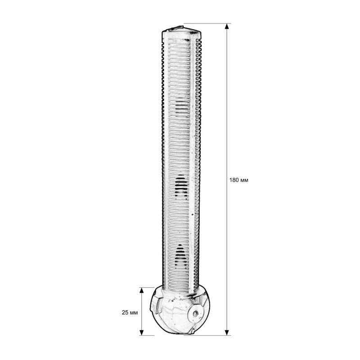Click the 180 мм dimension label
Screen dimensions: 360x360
239,180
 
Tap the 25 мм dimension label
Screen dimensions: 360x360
130,312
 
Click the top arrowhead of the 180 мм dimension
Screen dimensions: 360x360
227,26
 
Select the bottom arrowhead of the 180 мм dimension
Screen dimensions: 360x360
227,333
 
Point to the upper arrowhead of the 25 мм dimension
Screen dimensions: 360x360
142,290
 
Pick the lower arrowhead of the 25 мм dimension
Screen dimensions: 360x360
142,333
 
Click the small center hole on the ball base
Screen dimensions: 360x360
196,313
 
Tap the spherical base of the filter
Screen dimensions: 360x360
180,310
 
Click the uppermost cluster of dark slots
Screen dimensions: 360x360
181,104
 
